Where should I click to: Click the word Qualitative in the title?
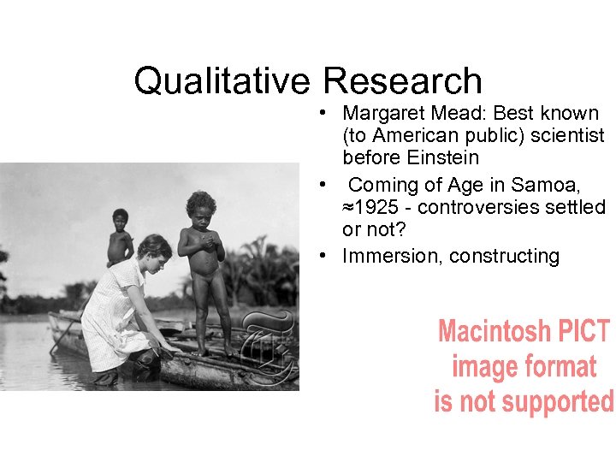coord(225,80)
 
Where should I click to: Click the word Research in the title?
coord(403,80)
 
